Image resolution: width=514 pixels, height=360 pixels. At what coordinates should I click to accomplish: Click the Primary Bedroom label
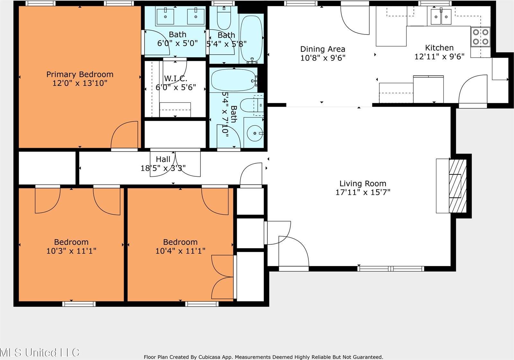[x=80, y=75]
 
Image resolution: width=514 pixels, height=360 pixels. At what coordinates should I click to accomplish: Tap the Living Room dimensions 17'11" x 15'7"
[x=363, y=193]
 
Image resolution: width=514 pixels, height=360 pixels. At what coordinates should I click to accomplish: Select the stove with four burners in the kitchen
[x=480, y=37]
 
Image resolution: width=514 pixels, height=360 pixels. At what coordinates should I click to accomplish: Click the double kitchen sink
[x=441, y=16]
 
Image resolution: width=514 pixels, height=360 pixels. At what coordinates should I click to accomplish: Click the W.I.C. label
[x=175, y=78]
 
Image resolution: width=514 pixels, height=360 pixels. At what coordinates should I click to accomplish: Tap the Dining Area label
[x=323, y=49]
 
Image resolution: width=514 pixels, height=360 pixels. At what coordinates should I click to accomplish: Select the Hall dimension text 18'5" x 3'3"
[x=163, y=168]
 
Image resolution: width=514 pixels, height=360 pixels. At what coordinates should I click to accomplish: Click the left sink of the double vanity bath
[x=165, y=16]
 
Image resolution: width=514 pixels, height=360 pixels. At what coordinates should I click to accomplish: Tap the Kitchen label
[x=439, y=48]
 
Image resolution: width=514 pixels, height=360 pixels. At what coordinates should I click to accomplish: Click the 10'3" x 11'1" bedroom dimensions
[x=71, y=251]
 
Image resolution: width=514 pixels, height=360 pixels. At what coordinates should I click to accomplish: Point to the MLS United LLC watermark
[x=40, y=352]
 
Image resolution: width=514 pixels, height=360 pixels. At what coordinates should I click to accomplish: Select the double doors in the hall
[x=175, y=164]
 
